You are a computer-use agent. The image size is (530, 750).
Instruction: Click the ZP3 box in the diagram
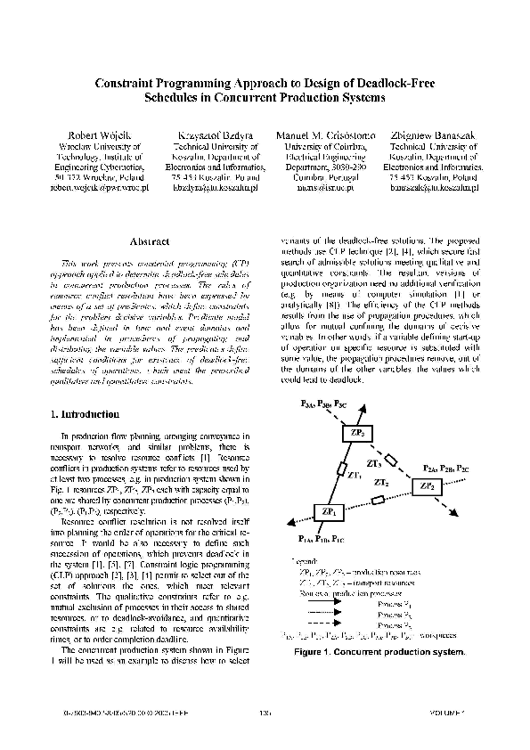tap(356, 433)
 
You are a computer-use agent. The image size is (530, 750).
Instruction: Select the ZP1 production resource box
tap(329, 513)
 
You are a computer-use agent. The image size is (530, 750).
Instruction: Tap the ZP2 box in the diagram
tap(426, 486)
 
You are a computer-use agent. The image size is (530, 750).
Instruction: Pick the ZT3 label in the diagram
tap(374, 463)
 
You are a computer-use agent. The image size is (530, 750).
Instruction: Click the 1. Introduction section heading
tap(85, 414)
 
